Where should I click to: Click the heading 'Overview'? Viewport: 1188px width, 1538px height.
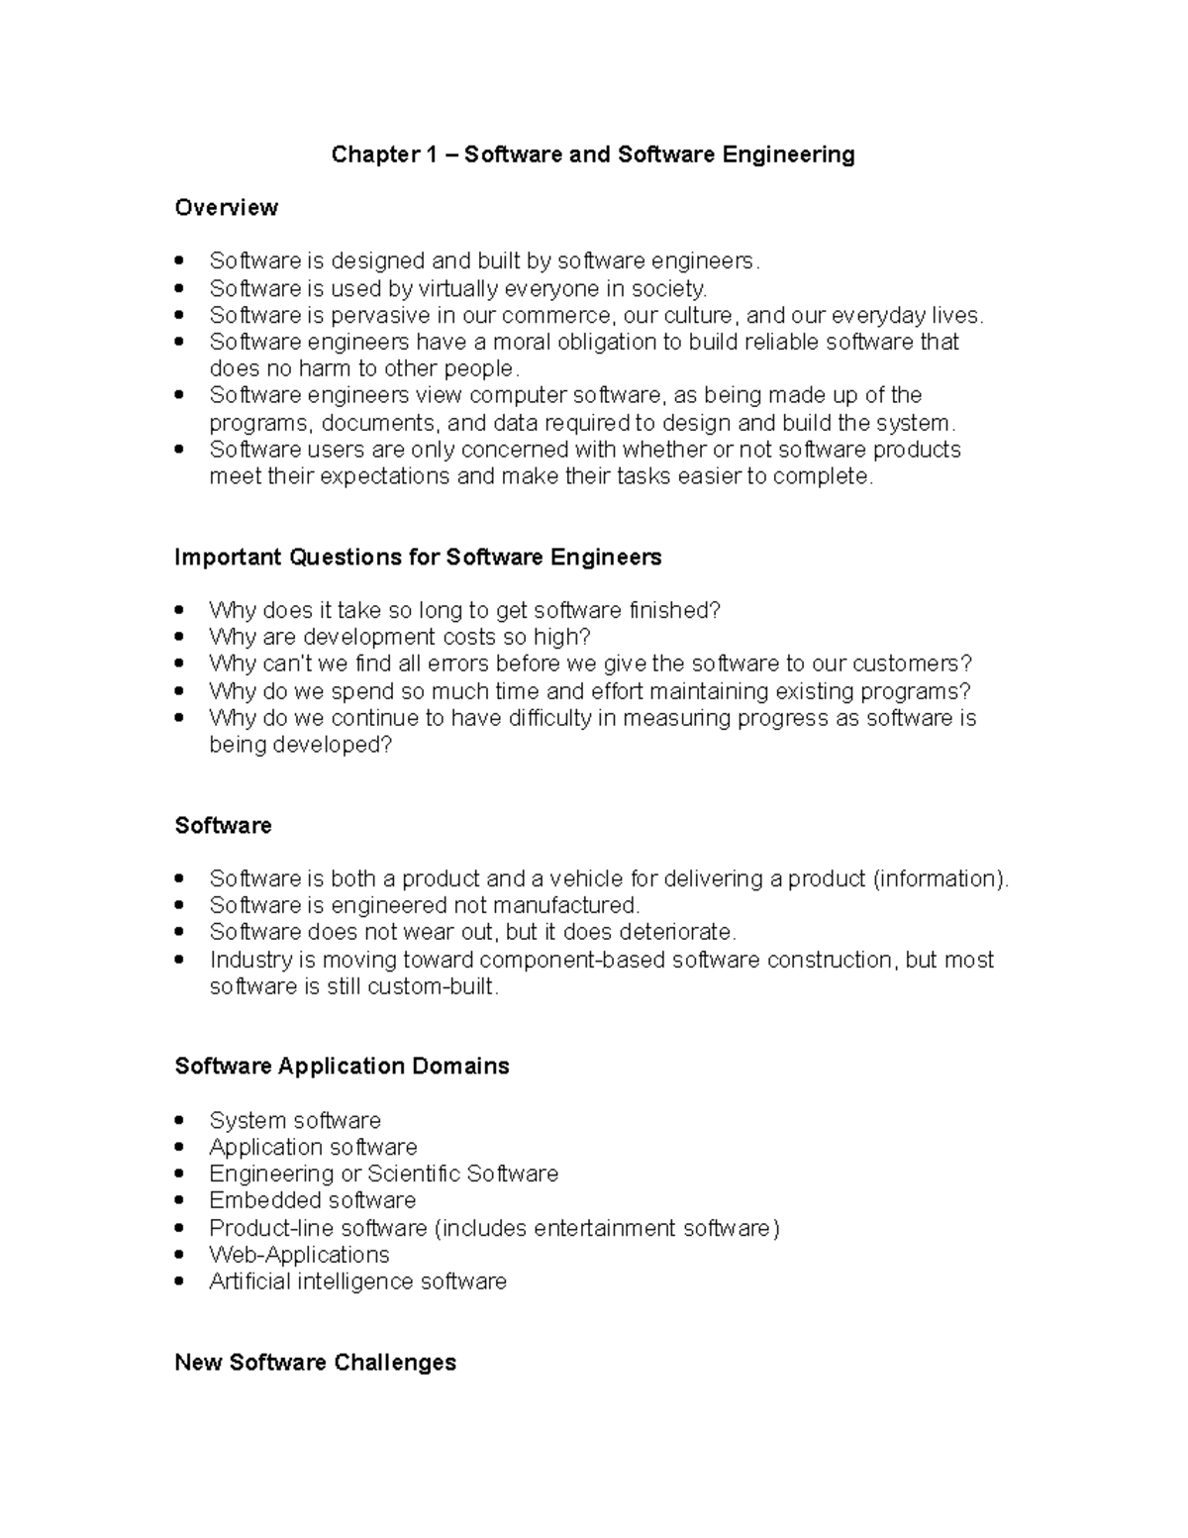coord(226,208)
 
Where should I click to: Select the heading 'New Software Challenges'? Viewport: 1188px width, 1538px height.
coord(315,1363)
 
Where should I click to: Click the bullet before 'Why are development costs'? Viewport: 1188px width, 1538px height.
coord(179,637)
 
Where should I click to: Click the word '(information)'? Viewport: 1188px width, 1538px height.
coord(940,878)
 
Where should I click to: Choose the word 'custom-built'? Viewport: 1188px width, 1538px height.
coord(433,986)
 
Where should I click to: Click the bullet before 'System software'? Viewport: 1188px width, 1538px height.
coord(179,1120)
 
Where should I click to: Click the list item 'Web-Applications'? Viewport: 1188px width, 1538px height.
coord(299,1255)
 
